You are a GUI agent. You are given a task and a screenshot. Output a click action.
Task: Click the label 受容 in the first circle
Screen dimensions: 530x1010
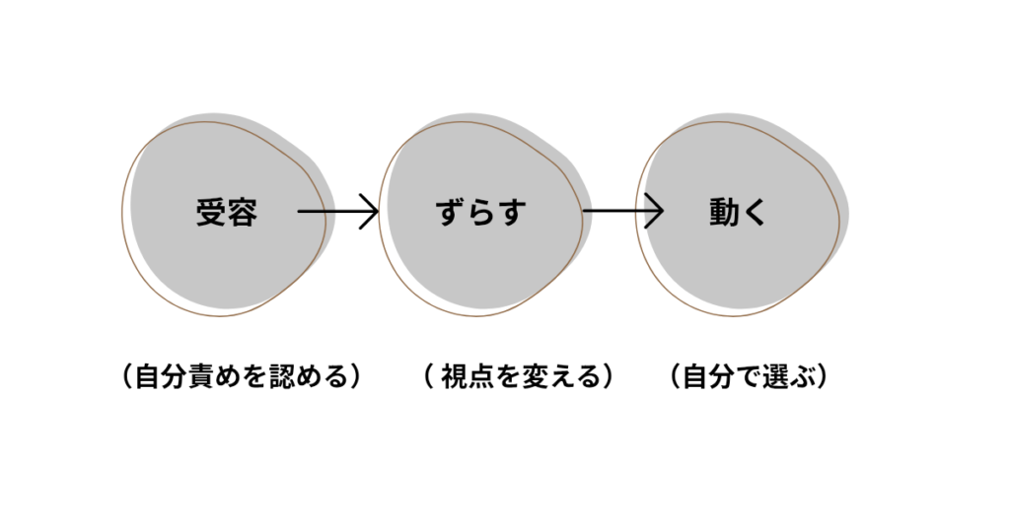[226, 213]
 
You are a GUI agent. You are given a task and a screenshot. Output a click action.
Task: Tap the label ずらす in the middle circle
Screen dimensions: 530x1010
[480, 213]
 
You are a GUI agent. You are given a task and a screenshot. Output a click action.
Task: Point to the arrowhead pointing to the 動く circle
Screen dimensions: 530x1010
[654, 211]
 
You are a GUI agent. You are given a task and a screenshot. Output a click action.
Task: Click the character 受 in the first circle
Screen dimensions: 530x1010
[210, 213]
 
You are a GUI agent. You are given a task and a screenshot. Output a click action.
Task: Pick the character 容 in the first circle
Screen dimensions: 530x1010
[242, 213]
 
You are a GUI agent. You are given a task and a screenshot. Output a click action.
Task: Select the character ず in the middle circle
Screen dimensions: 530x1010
[450, 213]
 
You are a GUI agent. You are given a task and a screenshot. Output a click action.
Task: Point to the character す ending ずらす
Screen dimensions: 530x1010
[512, 213]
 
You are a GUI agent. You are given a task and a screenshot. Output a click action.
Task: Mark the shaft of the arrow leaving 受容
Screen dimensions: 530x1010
[330, 211]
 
